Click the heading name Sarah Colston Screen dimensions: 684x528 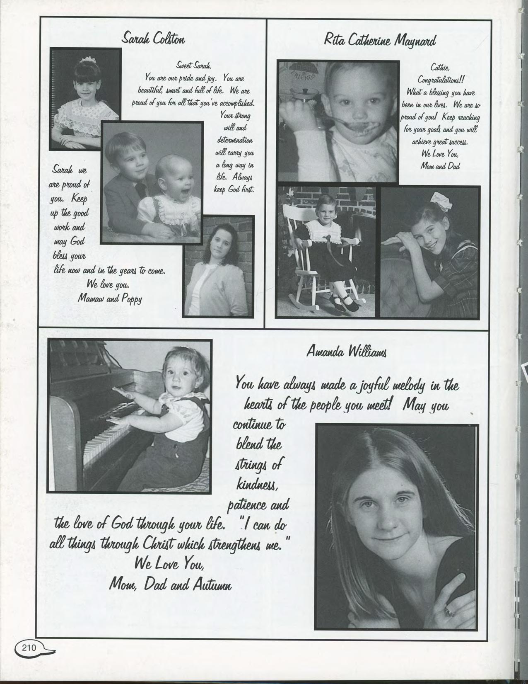[x=153, y=39]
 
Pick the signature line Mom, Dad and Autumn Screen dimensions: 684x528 [x=170, y=584]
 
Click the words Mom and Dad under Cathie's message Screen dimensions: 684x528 [x=439, y=166]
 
